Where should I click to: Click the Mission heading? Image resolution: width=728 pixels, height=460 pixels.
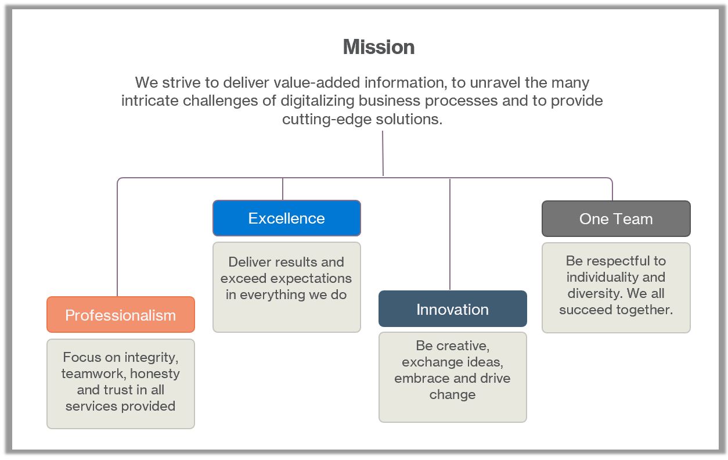[x=379, y=47]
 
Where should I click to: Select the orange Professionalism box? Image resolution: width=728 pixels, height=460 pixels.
[x=120, y=315]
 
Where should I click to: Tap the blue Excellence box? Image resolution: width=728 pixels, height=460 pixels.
[x=286, y=218]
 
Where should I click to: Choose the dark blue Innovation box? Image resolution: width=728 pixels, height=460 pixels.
[x=452, y=309]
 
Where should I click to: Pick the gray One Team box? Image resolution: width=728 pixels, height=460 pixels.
[x=616, y=219]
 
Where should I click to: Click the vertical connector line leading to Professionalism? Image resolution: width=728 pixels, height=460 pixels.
[x=117, y=244]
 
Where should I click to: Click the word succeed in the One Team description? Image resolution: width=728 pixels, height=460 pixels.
[x=583, y=310]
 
